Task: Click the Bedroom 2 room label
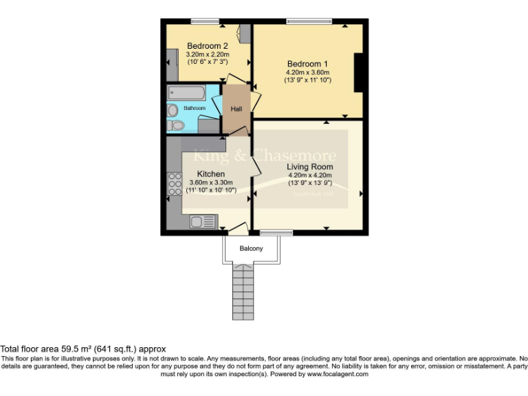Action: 207,46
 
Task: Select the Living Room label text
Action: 310,166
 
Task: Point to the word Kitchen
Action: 210,174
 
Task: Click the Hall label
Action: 236,109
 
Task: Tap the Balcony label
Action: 251,248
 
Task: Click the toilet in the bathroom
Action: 176,124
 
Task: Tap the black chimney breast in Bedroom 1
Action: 358,73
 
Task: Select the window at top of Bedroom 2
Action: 200,21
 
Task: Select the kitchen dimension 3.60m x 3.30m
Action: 210,182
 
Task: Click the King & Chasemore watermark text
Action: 265,155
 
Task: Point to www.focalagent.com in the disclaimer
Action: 337,374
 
